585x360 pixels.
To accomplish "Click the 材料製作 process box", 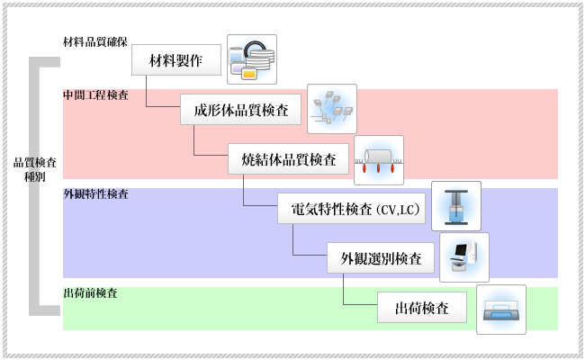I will pos(176,62).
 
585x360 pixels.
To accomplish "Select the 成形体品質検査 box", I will pos(241,112).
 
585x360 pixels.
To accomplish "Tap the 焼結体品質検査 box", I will pos(289,161).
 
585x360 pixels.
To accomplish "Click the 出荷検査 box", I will pos(422,309).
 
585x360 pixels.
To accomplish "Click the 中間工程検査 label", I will pos(94,95).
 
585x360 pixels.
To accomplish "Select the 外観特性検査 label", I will pos(94,194).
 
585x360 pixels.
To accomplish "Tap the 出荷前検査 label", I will pos(90,293).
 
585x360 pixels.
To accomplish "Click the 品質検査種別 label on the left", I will pos(35,170).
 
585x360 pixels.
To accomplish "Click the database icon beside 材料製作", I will pos(252,58).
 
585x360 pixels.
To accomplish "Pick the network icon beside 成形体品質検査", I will pos(332,109).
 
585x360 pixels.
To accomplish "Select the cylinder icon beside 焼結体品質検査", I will pos(379,158).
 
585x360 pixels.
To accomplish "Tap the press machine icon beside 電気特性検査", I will pos(456,206).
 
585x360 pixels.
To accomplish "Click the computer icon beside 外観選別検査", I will pos(464,257).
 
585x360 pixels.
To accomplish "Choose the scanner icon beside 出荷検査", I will pos(500,310).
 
